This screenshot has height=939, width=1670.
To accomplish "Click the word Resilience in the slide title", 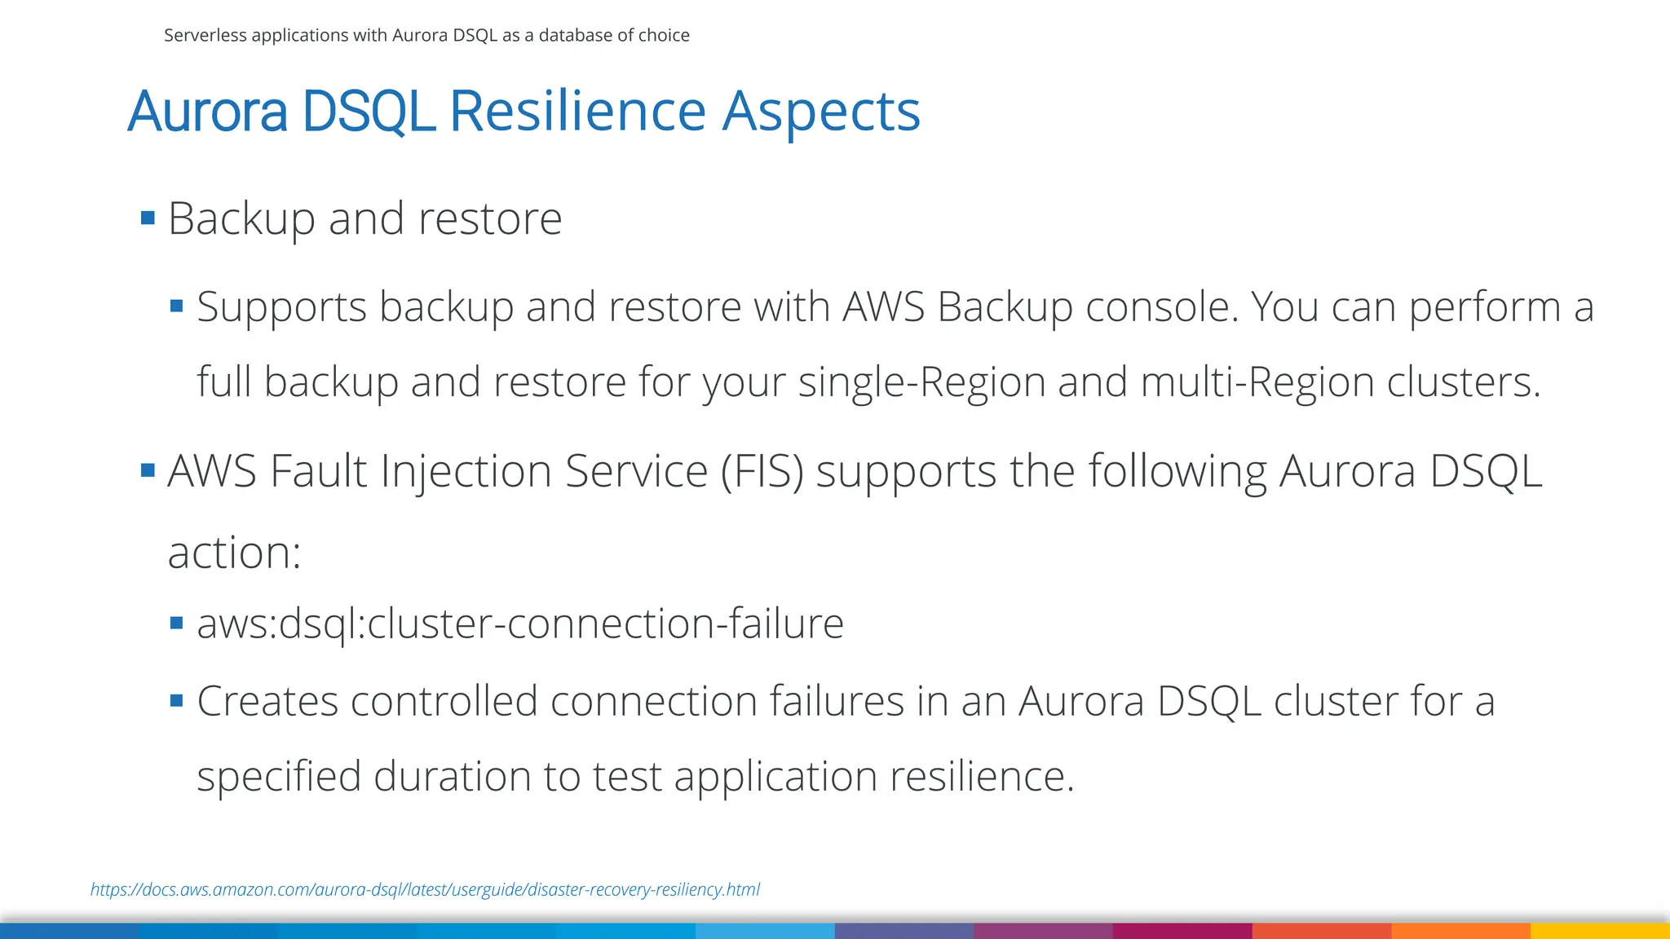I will pos(577,111).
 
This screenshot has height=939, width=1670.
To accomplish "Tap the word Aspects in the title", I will pos(821,112).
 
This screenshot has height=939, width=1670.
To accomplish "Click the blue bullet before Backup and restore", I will pos(148,218).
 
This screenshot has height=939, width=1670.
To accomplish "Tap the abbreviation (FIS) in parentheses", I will pos(762,472).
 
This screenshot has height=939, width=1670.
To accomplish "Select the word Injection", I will pos(466,472).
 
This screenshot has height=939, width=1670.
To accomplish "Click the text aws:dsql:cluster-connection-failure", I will pos(520,624).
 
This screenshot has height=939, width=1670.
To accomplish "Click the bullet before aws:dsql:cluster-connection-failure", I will pos(176,624).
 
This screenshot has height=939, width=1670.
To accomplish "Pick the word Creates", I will pos(267,702).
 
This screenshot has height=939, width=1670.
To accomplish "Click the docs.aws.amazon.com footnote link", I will pos(425,889).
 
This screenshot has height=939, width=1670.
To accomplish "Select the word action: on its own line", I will pos(234,553).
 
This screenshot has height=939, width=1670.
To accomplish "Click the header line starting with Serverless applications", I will pos(426,35).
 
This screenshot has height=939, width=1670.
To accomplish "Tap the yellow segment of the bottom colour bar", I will pos(1600,931).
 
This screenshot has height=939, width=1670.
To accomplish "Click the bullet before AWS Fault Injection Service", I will pos(148,470).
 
